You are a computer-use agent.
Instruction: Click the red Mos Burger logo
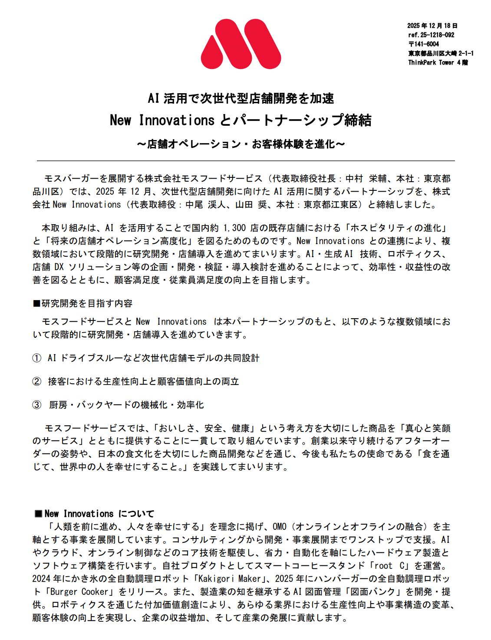coord(241,44)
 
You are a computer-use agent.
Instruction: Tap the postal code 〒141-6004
coord(423,44)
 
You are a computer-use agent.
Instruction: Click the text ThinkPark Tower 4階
coord(438,62)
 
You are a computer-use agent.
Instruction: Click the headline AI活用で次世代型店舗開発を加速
coord(241,98)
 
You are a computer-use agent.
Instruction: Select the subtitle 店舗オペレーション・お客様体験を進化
coord(241,144)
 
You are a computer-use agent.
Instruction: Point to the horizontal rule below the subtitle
coord(246,161)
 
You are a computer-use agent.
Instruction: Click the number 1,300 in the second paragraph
coord(234,228)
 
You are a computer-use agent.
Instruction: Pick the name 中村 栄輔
coord(366,179)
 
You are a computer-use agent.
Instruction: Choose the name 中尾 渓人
coord(205,205)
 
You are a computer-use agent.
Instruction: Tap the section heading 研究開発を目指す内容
coord(87,304)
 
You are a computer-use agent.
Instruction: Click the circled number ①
coord(37,358)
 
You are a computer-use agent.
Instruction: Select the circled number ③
coord(37,405)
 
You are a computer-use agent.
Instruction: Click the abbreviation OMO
coord(279,527)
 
